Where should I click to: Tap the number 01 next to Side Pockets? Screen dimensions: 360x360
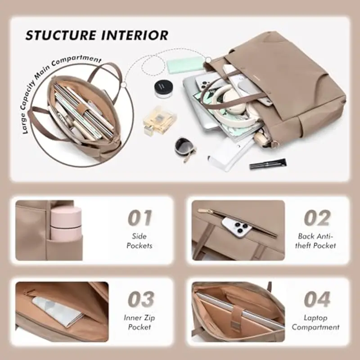(x=139, y=218)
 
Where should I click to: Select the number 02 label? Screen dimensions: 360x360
(x=317, y=218)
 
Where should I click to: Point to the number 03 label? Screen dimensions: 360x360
(x=140, y=299)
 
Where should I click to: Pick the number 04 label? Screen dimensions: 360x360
(x=317, y=299)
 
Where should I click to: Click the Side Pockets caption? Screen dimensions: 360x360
(x=139, y=241)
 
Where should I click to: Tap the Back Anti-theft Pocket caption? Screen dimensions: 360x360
(x=317, y=241)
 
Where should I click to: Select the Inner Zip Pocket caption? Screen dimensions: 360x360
(x=139, y=322)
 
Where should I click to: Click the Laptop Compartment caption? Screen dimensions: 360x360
(x=316, y=322)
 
